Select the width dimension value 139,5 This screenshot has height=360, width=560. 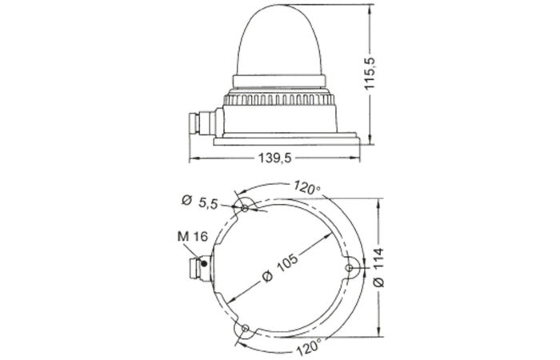[274, 159]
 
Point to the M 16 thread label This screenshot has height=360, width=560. [190, 237]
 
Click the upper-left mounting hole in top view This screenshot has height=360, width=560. [245, 208]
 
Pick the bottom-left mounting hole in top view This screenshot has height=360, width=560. [245, 328]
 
